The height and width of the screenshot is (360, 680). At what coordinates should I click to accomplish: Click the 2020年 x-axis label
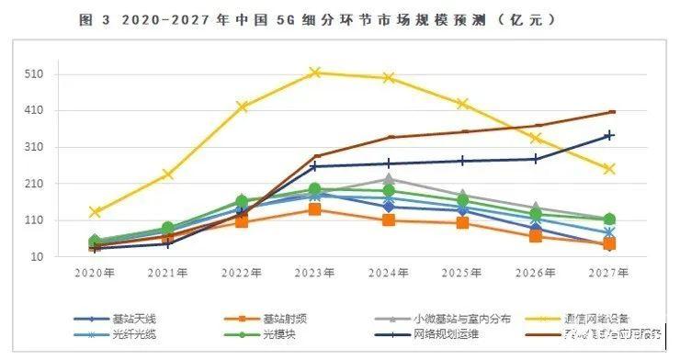click(x=95, y=273)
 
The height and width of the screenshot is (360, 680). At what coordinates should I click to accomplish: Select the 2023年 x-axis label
click(x=315, y=273)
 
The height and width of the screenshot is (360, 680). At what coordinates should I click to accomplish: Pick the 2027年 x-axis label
click(x=609, y=273)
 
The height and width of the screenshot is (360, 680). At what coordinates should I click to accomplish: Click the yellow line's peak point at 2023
click(x=315, y=72)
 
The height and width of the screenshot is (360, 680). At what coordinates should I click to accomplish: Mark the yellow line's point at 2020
click(x=95, y=212)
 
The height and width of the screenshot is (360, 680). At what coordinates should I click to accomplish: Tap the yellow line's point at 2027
click(x=609, y=169)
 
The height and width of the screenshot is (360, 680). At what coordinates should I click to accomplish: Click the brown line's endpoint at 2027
click(x=611, y=112)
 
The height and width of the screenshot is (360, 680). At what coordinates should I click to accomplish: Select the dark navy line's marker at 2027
click(x=609, y=135)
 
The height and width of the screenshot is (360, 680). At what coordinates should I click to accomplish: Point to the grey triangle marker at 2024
click(x=389, y=179)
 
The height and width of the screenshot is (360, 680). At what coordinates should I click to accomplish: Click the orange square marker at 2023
click(x=315, y=209)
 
